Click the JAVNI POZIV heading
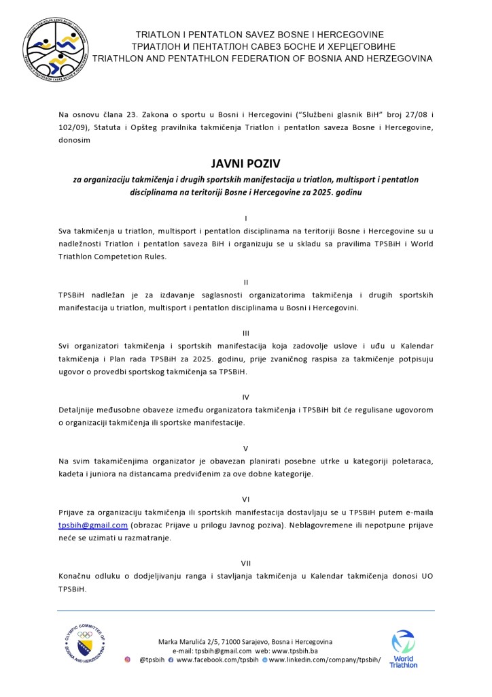pyautogui.click(x=245, y=164)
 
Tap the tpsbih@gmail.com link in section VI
pyautogui.click(x=93, y=525)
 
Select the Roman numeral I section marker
pyautogui.click(x=245, y=218)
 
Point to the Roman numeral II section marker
pyautogui.click(x=245, y=281)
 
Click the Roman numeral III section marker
pyautogui.click(x=245, y=333)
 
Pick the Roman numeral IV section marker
pyautogui.click(x=245, y=396)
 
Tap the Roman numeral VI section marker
pyautogui.click(x=245, y=500)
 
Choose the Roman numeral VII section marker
pyautogui.click(x=245, y=563)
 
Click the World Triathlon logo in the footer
pyautogui.click(x=404, y=649)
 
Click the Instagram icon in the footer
pyautogui.click(x=127, y=660)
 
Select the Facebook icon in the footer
pyautogui.click(x=171, y=660)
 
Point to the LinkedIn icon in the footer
pyautogui.click(x=265, y=660)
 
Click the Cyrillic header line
pyautogui.click(x=260, y=46)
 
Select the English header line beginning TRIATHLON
pyautogui.click(x=262, y=59)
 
